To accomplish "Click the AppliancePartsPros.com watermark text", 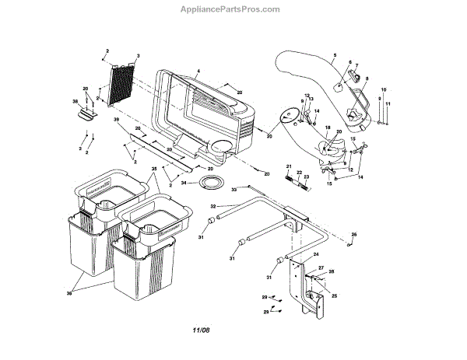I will point(233,9).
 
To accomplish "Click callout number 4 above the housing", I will point(198,71).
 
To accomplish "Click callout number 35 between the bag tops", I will point(154,169).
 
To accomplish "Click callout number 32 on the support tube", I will point(213,206).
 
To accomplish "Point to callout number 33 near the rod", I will point(234,189).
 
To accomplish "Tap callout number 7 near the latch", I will point(357,65).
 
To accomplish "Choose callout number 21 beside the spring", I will point(287,167).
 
